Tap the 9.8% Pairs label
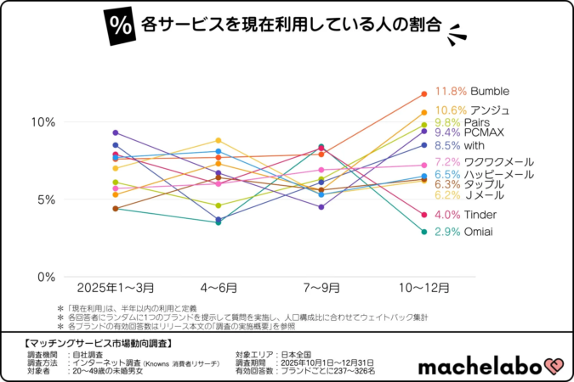(464, 122)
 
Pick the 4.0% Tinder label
(465, 215)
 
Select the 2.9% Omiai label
(464, 232)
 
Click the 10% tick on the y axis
(43, 122)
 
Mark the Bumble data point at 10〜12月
(423, 93)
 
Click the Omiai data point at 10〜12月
(423, 232)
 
